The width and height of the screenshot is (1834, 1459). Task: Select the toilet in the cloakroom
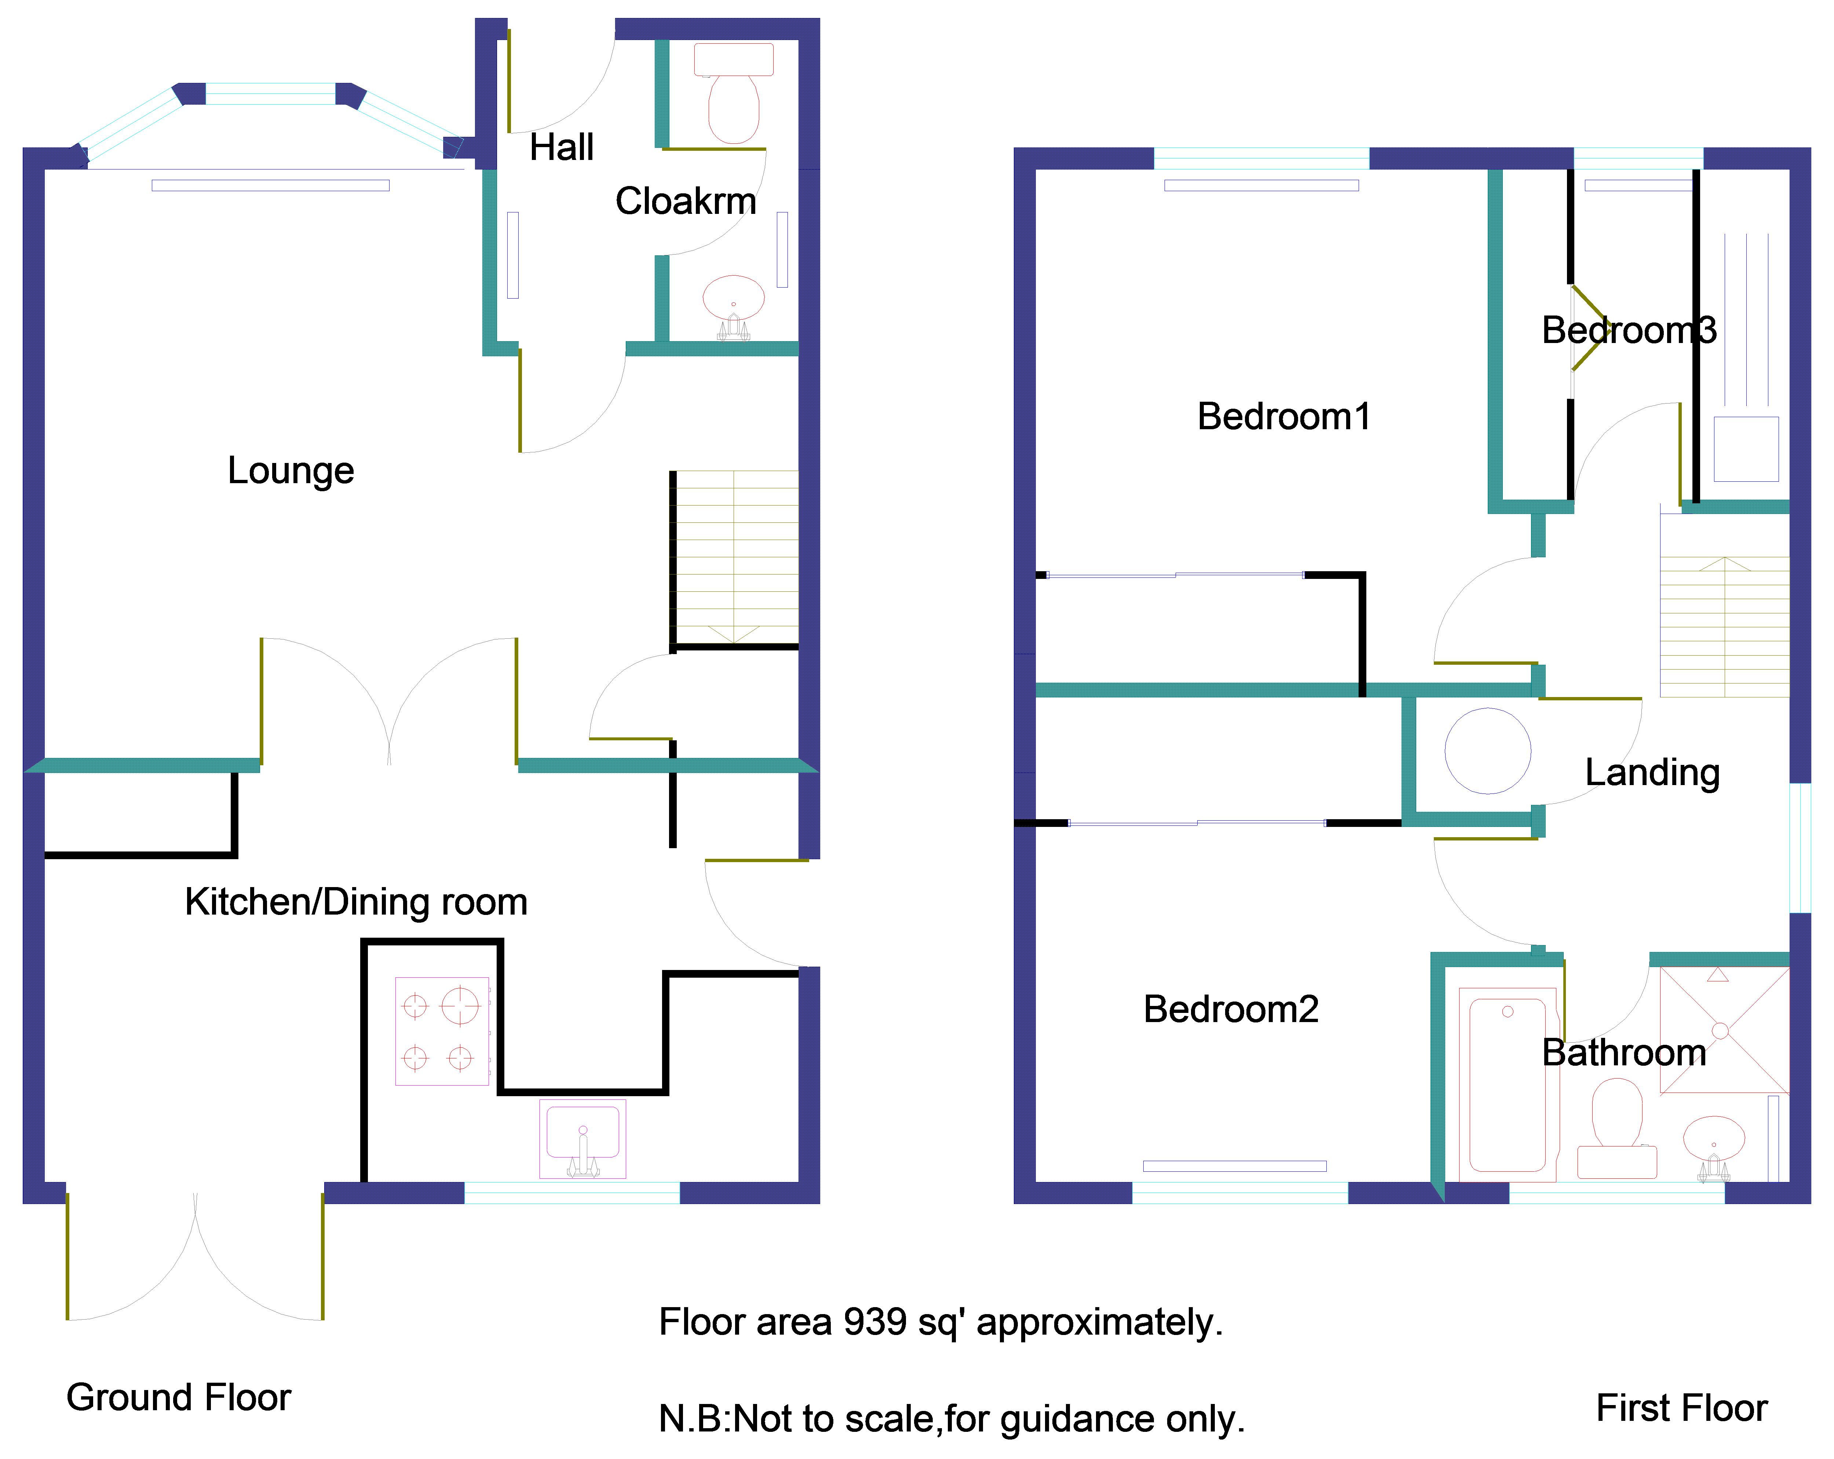click(733, 98)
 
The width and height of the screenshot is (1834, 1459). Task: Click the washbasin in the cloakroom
click(733, 299)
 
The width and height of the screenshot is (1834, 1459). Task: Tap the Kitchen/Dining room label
click(355, 902)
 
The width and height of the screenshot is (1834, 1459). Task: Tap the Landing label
click(1652, 773)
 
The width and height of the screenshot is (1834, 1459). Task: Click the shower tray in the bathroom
click(1724, 1030)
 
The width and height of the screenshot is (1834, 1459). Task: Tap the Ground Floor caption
click(179, 1398)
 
